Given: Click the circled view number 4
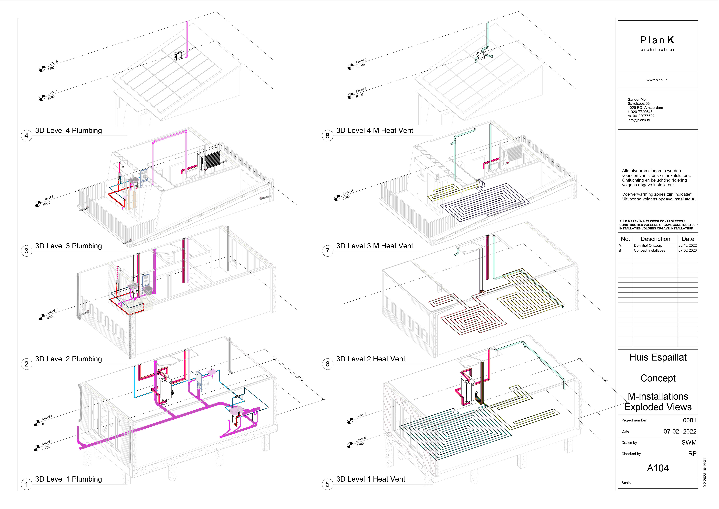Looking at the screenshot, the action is (x=27, y=136).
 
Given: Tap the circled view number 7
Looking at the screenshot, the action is (x=328, y=251).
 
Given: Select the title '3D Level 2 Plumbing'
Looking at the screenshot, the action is (x=69, y=359).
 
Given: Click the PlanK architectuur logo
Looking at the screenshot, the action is (x=658, y=43).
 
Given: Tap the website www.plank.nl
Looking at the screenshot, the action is (x=658, y=80).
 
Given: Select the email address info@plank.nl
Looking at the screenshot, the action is (x=639, y=120).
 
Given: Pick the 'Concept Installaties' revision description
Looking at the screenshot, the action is (x=650, y=250).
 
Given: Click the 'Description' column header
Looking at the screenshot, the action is (x=655, y=239).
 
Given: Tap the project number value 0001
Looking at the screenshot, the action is (x=690, y=420).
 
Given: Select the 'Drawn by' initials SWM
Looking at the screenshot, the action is (x=689, y=443).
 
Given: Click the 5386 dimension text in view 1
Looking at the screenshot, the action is (x=300, y=378).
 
